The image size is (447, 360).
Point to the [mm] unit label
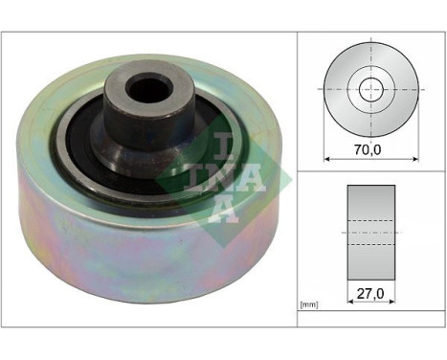[309, 305]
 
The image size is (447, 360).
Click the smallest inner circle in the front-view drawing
[369, 90]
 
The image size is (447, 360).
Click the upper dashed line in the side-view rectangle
[369, 222]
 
